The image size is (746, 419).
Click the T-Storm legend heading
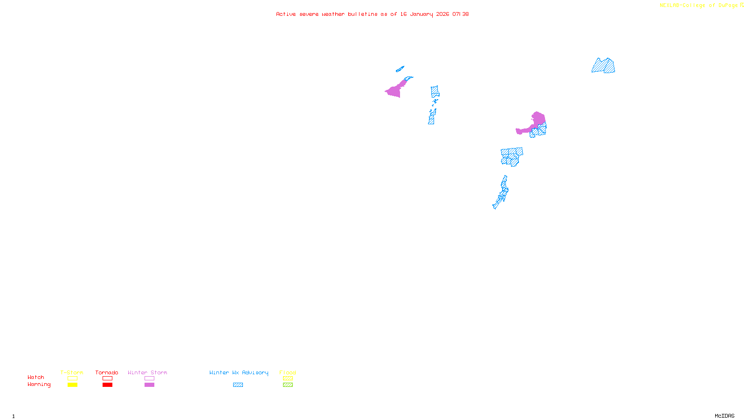[72, 372]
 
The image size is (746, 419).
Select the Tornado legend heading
[107, 372]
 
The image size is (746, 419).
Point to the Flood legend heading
[288, 372]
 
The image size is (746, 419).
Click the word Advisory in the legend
[255, 372]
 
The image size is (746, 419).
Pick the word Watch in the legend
[36, 377]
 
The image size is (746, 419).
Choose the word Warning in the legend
[39, 385]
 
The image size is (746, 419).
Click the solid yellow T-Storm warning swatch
[72, 385]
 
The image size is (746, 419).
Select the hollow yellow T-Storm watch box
[72, 378]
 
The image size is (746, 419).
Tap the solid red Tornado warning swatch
[108, 385]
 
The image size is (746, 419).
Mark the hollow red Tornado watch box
[108, 378]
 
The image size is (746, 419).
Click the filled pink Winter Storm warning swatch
[149, 385]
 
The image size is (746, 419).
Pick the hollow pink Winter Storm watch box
[149, 378]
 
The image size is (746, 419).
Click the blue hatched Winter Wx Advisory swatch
[238, 385]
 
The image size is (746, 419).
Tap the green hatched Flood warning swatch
[288, 385]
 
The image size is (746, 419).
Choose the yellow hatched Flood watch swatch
[288, 378]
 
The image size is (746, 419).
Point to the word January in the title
[421, 14]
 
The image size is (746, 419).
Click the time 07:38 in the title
[461, 14]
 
